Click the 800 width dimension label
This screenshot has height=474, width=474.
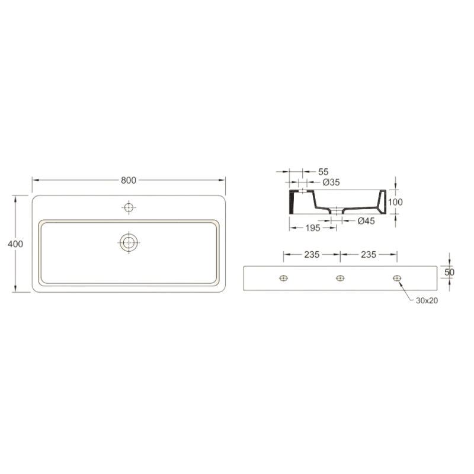(x=129, y=180)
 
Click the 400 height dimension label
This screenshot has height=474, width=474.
(x=15, y=244)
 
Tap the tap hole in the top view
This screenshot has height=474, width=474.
(x=129, y=208)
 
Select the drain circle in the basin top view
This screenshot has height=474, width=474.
(x=129, y=242)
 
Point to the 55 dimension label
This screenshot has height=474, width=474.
(x=323, y=172)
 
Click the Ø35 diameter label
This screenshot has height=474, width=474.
(x=331, y=182)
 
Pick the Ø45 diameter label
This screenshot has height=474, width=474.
(x=366, y=221)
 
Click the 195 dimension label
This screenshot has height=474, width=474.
(x=313, y=228)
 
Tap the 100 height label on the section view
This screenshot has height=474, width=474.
(x=395, y=202)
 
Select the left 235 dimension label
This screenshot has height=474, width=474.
(x=312, y=255)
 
